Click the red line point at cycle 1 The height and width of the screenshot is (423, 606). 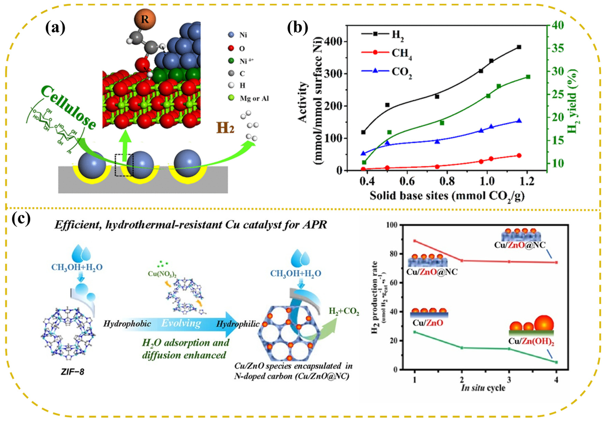tap(415, 241)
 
